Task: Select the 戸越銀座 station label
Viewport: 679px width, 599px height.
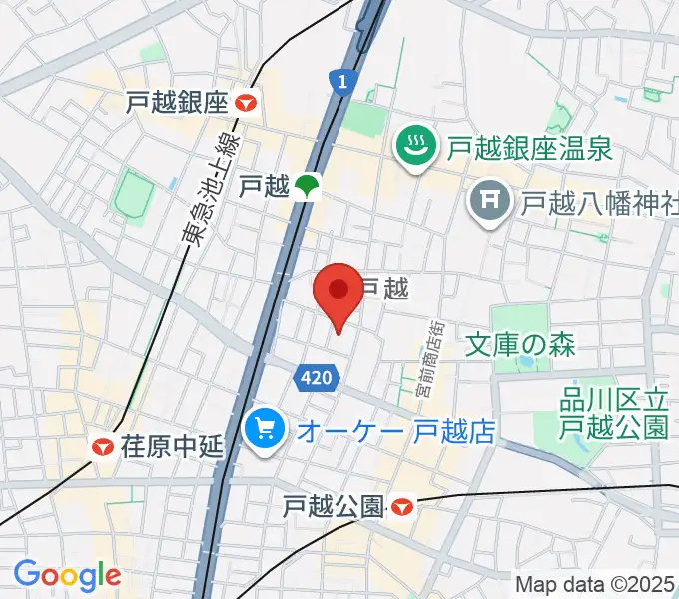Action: [178, 102]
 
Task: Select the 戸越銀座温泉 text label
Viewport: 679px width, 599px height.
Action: [529, 150]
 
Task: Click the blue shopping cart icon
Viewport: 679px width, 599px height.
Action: [265, 431]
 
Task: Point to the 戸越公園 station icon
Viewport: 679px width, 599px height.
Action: [401, 508]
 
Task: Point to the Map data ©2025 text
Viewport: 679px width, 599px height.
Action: [595, 584]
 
